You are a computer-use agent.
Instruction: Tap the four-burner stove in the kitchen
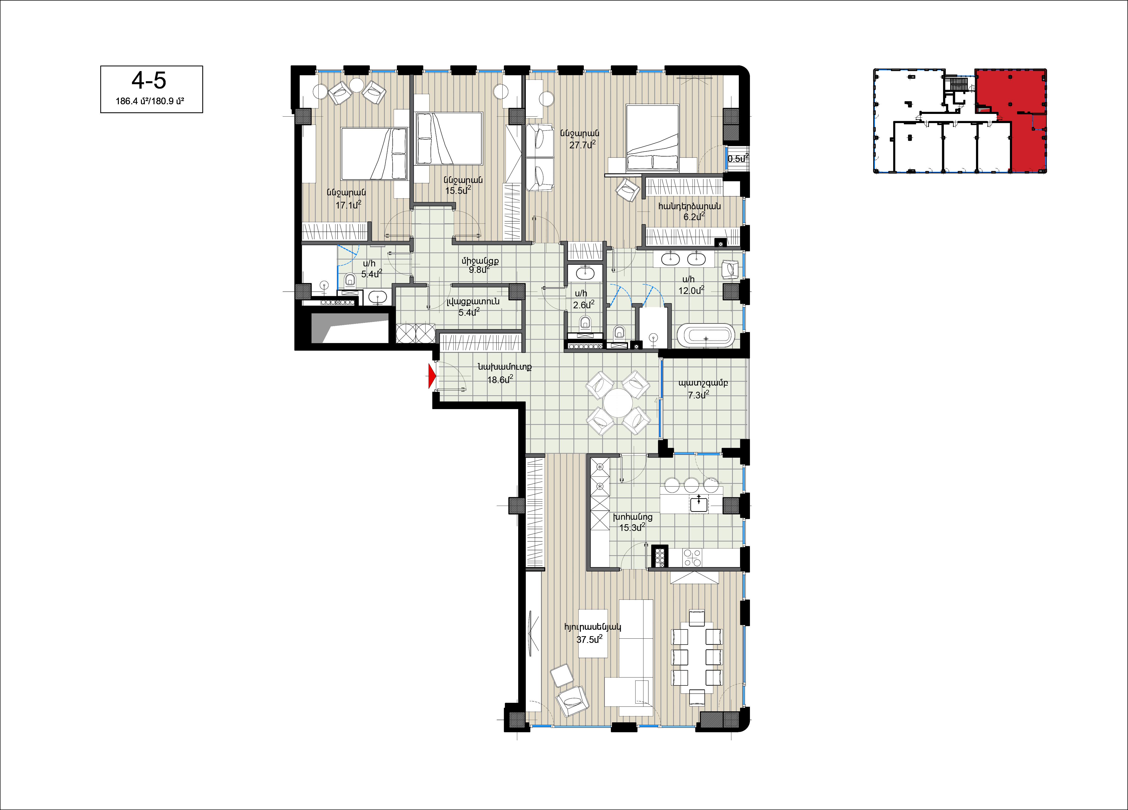pos(692,557)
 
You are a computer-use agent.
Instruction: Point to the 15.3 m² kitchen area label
pos(632,527)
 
